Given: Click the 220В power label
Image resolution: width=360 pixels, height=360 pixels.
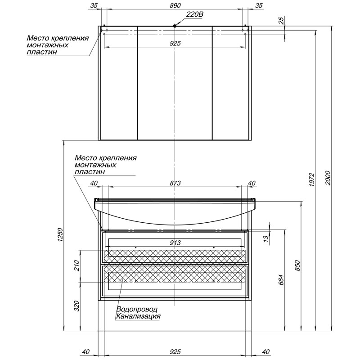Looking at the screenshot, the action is (194, 14).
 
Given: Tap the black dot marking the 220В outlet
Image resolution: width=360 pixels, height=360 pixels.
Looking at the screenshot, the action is (175, 26).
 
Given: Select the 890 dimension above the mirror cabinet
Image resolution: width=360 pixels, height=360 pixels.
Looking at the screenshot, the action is (175, 5).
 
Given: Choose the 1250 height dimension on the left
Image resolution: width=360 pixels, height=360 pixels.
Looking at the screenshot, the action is (60, 234).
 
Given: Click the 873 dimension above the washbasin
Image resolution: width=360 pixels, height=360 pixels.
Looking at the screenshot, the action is (175, 183).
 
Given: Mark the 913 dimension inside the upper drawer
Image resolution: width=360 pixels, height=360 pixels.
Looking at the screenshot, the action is (175, 243).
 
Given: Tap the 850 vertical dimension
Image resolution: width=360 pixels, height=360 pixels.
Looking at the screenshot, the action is (297, 265).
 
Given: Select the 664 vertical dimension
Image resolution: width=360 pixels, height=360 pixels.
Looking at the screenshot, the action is (281, 279).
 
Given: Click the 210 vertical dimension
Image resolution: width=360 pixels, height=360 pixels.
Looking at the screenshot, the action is (76, 265).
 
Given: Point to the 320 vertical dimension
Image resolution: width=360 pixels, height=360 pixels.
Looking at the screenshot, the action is (76, 306).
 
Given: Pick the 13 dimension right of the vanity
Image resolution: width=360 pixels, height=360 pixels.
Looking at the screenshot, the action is (265, 238).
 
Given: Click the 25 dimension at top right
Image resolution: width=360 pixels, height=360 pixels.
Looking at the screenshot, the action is (281, 20).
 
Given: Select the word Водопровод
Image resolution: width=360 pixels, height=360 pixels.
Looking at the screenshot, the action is (137, 309).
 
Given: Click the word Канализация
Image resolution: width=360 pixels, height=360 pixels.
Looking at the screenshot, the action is (138, 316).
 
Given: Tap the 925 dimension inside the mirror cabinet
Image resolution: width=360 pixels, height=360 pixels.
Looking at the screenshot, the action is (175, 43).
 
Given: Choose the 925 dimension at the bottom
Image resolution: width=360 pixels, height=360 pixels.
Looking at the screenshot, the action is (175, 351).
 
